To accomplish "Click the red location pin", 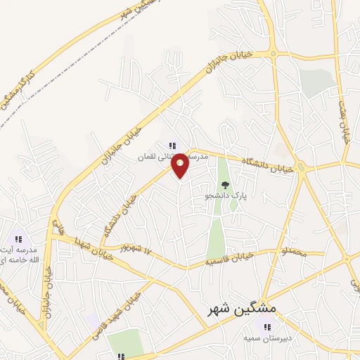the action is click(180, 165).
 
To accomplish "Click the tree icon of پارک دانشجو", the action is click(225, 185).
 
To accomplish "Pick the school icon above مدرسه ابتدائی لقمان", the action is click(172, 146).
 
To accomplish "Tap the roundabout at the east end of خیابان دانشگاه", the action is click(301, 167).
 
